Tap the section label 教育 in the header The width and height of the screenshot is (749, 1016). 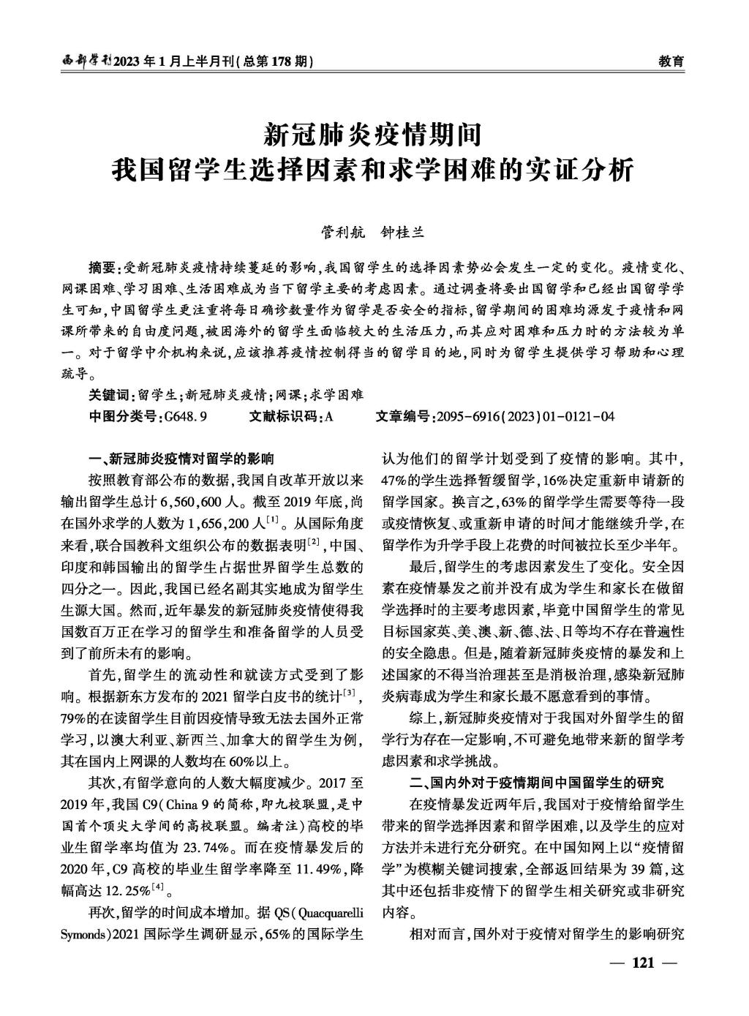click(671, 62)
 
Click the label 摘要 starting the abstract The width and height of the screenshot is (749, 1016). click(101, 266)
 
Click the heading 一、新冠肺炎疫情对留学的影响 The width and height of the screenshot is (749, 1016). click(181, 459)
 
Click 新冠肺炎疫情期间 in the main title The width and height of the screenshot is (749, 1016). click(374, 134)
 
